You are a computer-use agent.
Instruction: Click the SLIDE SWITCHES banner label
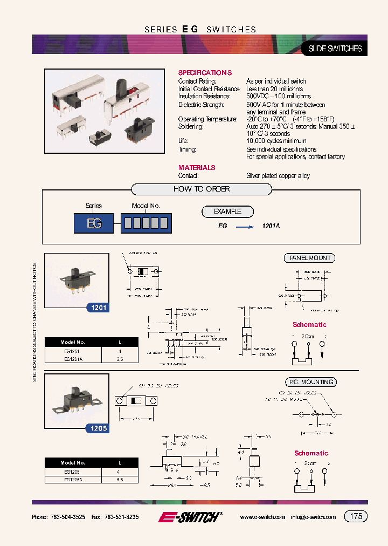[334, 49]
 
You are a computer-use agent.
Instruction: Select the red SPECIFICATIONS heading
[205, 73]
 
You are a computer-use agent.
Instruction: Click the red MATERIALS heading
[197, 168]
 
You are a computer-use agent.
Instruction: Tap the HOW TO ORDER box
[202, 189]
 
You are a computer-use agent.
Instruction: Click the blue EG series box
[94, 223]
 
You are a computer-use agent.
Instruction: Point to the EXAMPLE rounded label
[227, 212]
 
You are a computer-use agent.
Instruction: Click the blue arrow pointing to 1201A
[245, 227]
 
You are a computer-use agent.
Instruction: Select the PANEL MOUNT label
[309, 258]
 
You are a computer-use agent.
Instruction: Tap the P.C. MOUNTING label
[311, 383]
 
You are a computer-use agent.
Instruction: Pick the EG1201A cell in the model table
[73, 359]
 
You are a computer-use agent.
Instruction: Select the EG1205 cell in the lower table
[73, 471]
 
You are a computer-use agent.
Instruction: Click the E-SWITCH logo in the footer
[190, 517]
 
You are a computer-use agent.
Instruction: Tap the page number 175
[356, 516]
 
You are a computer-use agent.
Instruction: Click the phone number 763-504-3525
[68, 517]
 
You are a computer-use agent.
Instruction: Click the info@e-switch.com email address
[313, 517]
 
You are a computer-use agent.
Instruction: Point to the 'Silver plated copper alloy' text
[278, 176]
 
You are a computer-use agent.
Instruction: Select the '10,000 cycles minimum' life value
[276, 141]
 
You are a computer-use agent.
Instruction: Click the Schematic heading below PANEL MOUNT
[309, 325]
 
